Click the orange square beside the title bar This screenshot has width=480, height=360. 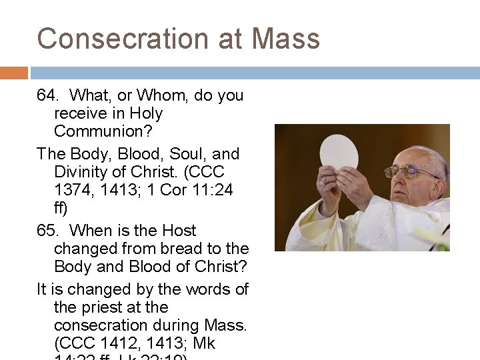[14, 73]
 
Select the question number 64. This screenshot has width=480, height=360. [47, 96]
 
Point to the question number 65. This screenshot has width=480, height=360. [47, 231]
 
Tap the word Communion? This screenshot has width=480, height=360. [98, 131]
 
